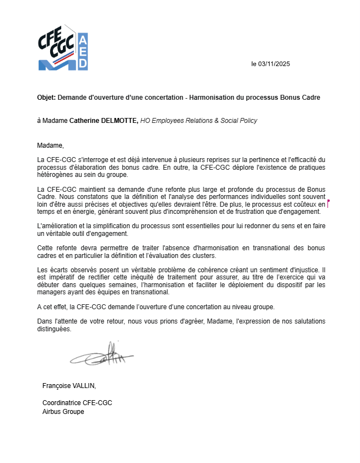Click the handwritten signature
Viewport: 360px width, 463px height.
[x=101, y=355]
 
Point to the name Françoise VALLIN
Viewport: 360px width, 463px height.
[x=69, y=385]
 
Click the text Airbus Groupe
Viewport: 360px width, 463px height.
[x=63, y=412]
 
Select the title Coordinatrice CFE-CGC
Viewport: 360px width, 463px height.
[x=77, y=403]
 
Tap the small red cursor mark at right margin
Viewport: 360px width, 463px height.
[x=328, y=204]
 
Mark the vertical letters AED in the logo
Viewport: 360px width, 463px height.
[x=83, y=52]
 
